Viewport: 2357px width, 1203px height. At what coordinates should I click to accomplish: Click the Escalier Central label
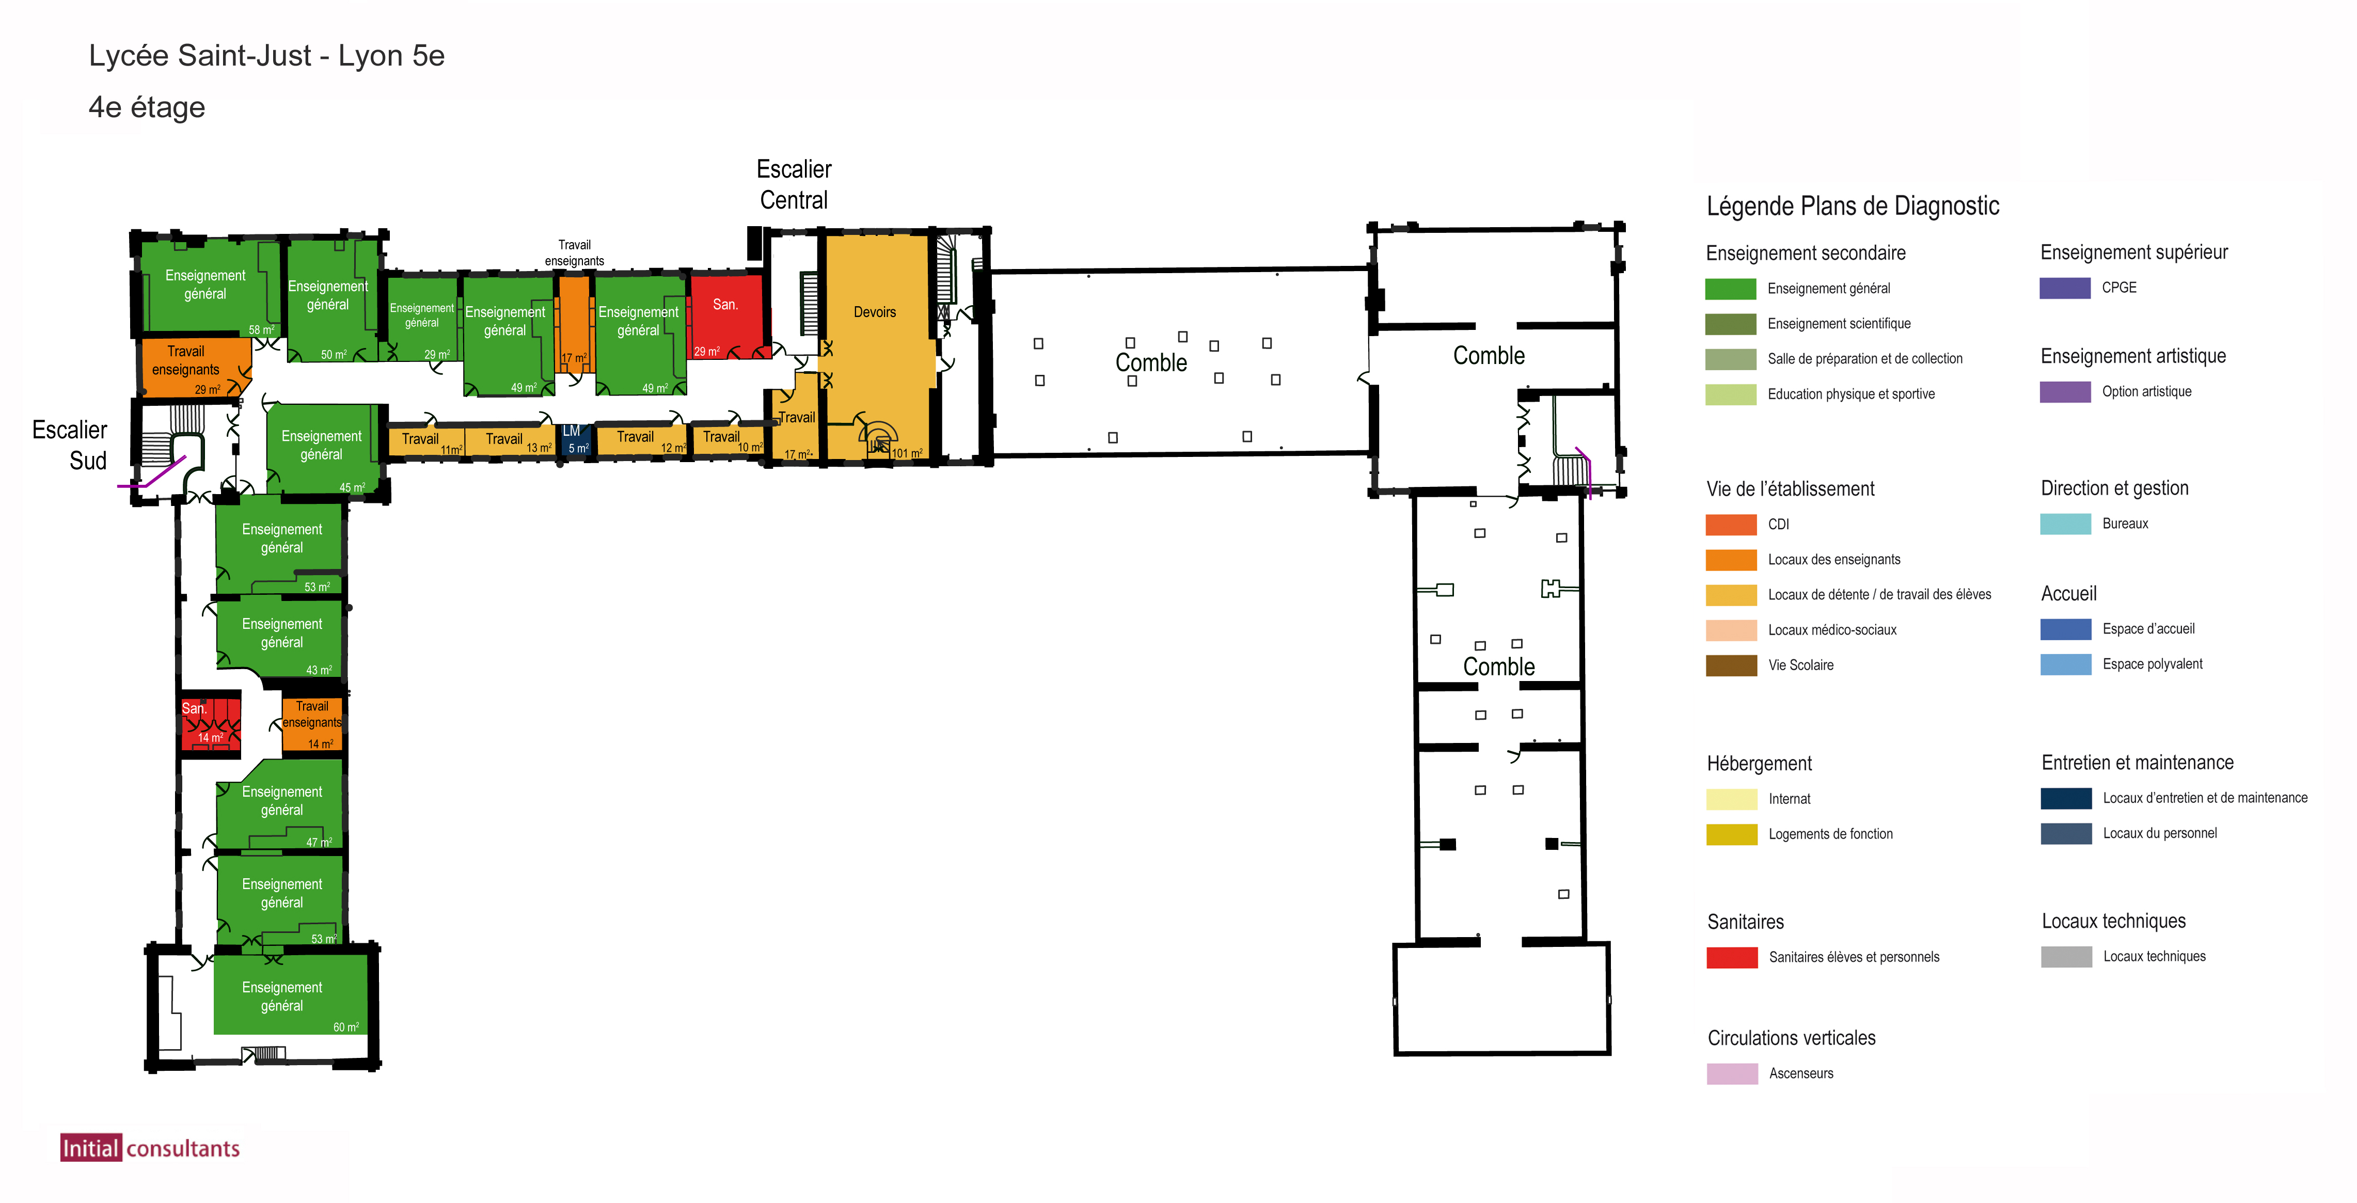pos(793,184)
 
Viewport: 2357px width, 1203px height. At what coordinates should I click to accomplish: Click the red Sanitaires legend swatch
pos(1731,957)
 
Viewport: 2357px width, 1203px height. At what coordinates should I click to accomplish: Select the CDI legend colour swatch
pos(1730,524)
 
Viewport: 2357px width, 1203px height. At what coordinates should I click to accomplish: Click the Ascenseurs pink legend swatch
pos(1731,1073)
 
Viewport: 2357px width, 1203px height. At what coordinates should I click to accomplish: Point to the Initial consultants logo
pos(150,1148)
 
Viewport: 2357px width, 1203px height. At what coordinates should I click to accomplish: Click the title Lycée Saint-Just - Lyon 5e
pos(266,56)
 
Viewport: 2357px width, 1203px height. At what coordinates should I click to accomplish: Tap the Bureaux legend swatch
pos(2065,524)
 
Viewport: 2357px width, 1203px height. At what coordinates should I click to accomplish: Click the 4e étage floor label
pos(147,107)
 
